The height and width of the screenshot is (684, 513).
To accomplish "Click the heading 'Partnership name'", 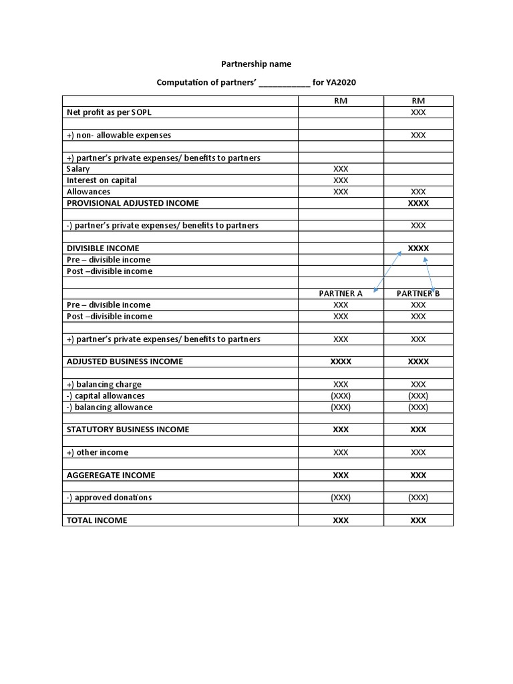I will tap(256, 64).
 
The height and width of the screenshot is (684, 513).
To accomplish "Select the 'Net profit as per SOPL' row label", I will tap(109, 112).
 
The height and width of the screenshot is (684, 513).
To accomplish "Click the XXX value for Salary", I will tap(341, 169).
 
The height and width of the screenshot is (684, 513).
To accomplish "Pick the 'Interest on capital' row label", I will tap(102, 180).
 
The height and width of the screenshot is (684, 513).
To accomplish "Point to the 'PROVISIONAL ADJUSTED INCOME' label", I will tap(132, 203).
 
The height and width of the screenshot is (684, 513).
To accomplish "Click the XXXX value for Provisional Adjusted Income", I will tap(418, 203).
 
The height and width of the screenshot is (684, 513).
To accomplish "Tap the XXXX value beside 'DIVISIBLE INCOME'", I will tap(418, 248).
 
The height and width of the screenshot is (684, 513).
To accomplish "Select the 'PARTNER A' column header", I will tap(341, 293).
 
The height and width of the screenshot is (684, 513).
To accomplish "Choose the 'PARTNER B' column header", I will tap(418, 293).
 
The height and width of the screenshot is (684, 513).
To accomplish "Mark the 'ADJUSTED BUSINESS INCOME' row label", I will tap(125, 361).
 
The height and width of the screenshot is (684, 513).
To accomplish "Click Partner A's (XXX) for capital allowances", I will tap(341, 395).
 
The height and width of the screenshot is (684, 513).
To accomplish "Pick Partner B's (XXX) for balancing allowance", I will tap(418, 407).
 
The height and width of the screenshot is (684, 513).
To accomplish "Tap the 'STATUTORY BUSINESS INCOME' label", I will tap(128, 430).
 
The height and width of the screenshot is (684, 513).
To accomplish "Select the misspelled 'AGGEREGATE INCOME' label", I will tap(111, 475).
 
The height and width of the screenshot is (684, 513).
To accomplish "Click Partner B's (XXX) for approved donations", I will tap(418, 498).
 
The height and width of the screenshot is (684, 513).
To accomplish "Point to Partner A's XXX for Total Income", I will tap(341, 520).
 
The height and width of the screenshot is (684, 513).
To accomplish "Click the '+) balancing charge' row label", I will tap(104, 384).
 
